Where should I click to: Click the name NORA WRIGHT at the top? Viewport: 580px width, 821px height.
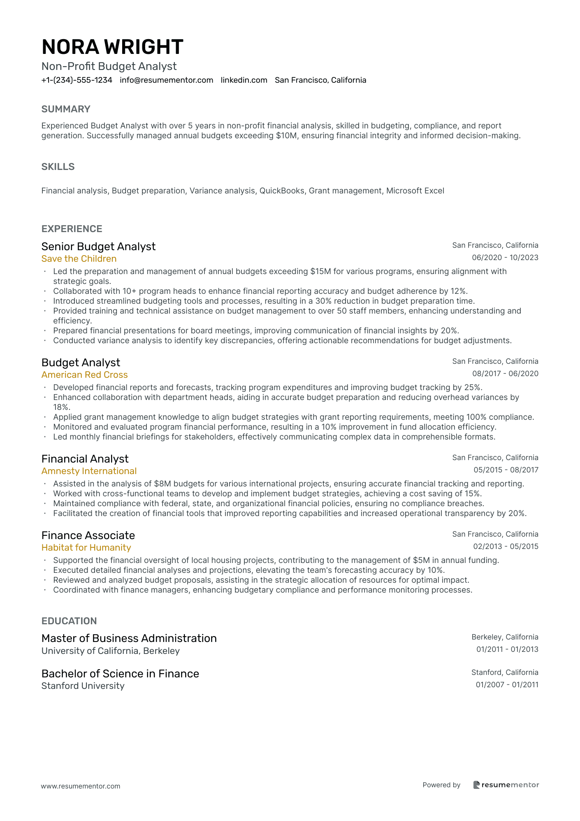point(112,47)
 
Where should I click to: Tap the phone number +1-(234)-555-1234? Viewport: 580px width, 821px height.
point(77,80)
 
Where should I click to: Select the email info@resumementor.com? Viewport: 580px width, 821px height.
point(167,80)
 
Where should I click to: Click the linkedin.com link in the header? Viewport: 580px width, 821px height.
point(244,80)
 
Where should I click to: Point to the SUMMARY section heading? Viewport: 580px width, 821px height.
point(66,109)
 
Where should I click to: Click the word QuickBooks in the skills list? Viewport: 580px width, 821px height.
point(282,191)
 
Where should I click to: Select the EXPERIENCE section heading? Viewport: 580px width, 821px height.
point(72,229)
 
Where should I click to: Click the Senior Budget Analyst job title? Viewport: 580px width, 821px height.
point(98,247)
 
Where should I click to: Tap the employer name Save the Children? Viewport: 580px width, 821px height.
point(79,259)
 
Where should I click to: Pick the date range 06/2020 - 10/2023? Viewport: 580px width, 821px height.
point(505,258)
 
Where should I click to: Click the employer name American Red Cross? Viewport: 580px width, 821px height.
point(84,375)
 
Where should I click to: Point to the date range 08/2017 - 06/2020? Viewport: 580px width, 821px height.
point(505,374)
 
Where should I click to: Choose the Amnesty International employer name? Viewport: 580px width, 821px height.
point(89,471)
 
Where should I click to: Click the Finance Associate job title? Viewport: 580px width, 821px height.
point(88,535)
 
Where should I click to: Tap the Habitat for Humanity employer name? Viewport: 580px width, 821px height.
point(86,548)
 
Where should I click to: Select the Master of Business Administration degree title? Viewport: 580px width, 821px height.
point(129,638)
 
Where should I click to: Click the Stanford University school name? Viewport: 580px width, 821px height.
point(83,686)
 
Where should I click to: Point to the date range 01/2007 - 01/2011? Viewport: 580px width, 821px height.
point(507,685)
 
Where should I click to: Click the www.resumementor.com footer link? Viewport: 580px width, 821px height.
point(81,786)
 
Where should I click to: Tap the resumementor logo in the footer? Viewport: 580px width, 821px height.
point(506,785)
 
